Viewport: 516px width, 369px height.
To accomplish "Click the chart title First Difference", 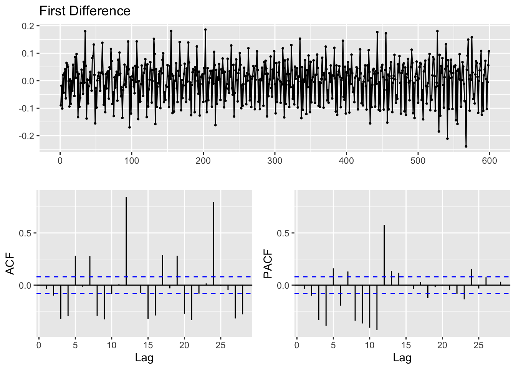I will point(85,11).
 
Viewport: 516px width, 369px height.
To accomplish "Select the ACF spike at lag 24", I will point(213,244).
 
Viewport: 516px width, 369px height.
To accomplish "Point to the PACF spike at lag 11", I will point(377,307).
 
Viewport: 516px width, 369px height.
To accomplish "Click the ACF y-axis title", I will point(10,263).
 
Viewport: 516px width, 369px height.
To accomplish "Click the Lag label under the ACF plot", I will point(144,358).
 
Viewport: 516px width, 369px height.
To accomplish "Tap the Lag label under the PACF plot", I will point(402,358).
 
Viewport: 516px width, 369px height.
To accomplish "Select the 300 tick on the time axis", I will point(275,161).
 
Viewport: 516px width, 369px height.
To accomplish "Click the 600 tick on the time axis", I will point(489,161).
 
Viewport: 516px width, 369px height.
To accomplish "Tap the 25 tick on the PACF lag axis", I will point(478,345).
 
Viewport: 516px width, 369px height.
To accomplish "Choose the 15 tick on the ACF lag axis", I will point(148,345).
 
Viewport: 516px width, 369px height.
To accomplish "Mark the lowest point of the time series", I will point(466,146).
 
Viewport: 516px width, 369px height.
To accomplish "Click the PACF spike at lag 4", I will point(326,305).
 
